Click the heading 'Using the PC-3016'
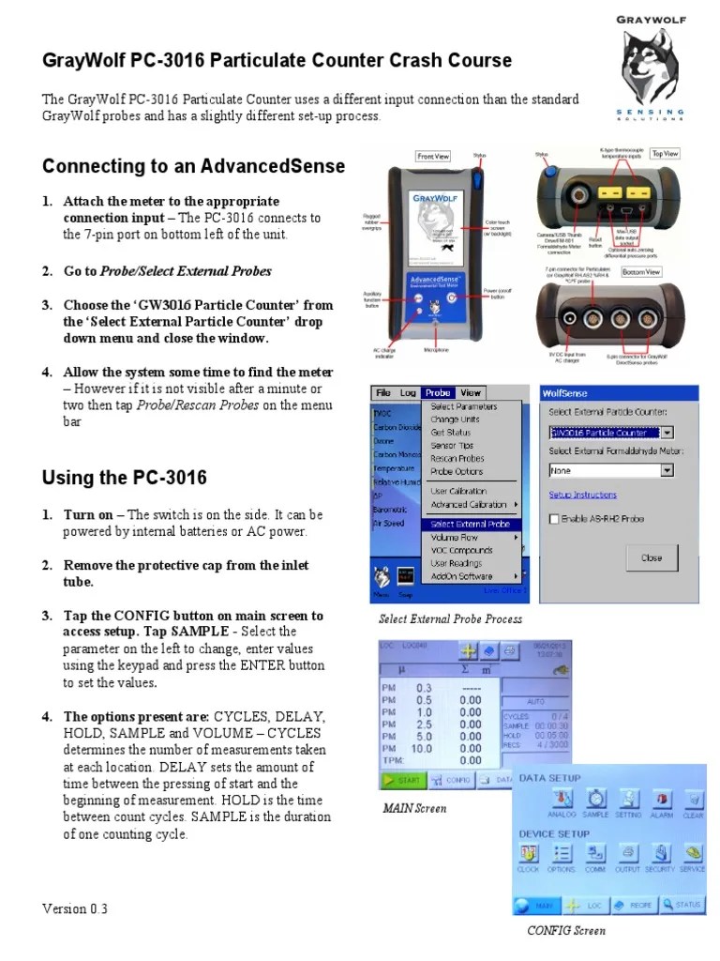[x=125, y=478]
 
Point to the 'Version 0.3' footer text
[x=75, y=908]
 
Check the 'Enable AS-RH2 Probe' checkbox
[x=555, y=518]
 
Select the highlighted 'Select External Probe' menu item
[x=471, y=524]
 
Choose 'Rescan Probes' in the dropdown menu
[x=457, y=459]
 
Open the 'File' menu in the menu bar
[x=383, y=393]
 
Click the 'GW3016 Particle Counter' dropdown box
[x=610, y=433]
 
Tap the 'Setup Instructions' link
[x=582, y=495]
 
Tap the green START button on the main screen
[x=400, y=779]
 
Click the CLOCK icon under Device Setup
[x=529, y=856]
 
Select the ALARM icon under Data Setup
[x=662, y=801]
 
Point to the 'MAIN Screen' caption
[x=414, y=808]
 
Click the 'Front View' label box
[x=433, y=157]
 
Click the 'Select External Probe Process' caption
[x=450, y=619]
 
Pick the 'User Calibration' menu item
[x=458, y=491]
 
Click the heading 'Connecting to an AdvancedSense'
[x=194, y=166]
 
